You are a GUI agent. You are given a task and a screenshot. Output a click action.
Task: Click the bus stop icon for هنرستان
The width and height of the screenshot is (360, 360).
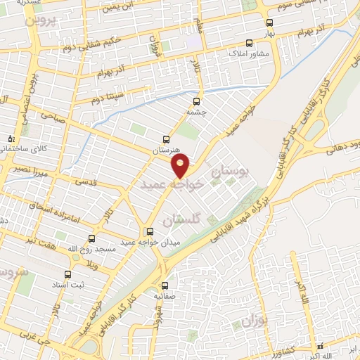165,139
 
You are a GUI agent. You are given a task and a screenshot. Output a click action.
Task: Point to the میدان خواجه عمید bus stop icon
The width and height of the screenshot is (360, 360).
149,231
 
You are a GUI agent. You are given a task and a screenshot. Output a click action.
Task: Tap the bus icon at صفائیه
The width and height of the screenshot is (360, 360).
165,285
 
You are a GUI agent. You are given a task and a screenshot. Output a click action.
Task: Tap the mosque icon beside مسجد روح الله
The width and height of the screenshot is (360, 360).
91,238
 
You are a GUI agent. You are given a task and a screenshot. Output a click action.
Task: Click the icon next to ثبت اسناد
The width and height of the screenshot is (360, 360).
67,274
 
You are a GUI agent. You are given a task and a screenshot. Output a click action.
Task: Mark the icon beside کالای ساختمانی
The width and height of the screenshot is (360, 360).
11,139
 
